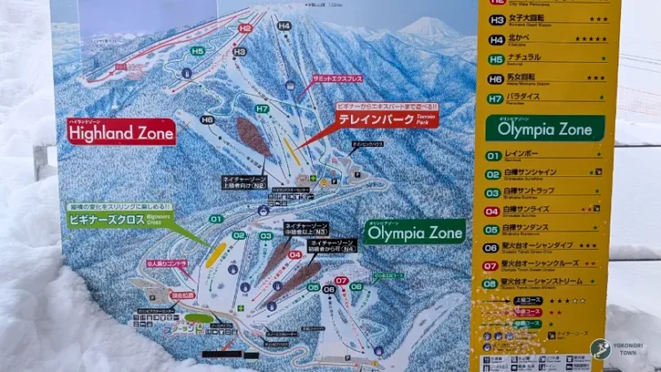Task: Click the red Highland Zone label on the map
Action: pyautogui.click(x=121, y=132)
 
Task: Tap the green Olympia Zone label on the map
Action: pyautogui.click(x=414, y=231)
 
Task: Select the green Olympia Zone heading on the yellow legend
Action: pyautogui.click(x=544, y=128)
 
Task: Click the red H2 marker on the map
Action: pyautogui.click(x=245, y=28)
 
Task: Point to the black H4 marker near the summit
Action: pyautogui.click(x=284, y=26)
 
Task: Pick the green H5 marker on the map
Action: pyautogui.click(x=197, y=51)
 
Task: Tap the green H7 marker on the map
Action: pyautogui.click(x=261, y=109)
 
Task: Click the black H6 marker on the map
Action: pyautogui.click(x=206, y=119)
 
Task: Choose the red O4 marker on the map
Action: pyautogui.click(x=294, y=255)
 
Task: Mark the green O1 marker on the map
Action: pyautogui.click(x=215, y=219)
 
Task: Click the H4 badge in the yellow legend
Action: pyautogui.click(x=496, y=40)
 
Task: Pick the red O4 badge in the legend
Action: pyautogui.click(x=492, y=211)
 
